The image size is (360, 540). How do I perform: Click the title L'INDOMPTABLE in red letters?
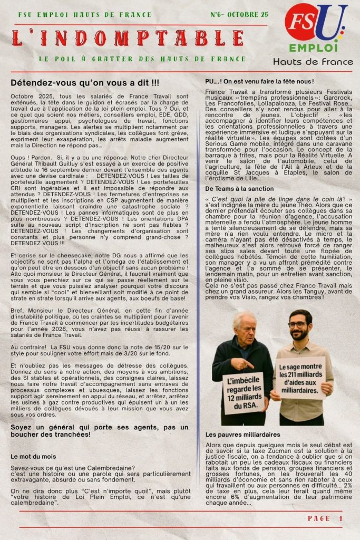(x=129, y=38)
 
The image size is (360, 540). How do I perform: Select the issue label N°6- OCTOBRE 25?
(x=239, y=14)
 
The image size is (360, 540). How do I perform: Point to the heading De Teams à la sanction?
(x=239, y=188)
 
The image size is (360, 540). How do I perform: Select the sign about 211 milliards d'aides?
(x=300, y=378)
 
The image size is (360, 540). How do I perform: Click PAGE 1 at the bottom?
(x=325, y=518)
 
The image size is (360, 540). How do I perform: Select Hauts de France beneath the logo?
(x=312, y=62)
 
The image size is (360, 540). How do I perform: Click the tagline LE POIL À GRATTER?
(x=142, y=59)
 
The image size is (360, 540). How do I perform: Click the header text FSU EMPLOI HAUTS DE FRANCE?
(x=84, y=15)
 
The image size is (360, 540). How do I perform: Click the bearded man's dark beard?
(x=300, y=334)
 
